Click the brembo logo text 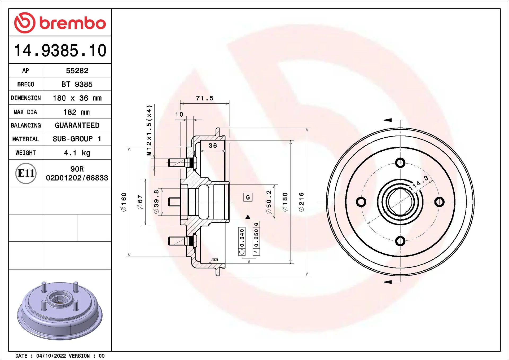tap(72, 23)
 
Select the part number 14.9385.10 tap(60, 50)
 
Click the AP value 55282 tap(77, 71)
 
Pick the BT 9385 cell tap(77, 84)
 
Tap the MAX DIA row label tap(25, 112)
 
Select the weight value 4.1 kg tap(77, 153)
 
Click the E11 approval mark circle tap(26, 173)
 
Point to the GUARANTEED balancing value tap(77, 125)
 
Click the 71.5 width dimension tap(204, 98)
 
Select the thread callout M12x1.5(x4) tap(149, 130)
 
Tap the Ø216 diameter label tap(301, 202)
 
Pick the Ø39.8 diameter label tap(156, 201)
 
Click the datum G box tap(248, 197)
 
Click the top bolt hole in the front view tap(400, 163)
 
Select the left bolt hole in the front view tap(361, 202)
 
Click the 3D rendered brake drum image tap(60, 310)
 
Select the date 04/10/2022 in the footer tap(51, 356)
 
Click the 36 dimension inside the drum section tap(213, 146)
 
